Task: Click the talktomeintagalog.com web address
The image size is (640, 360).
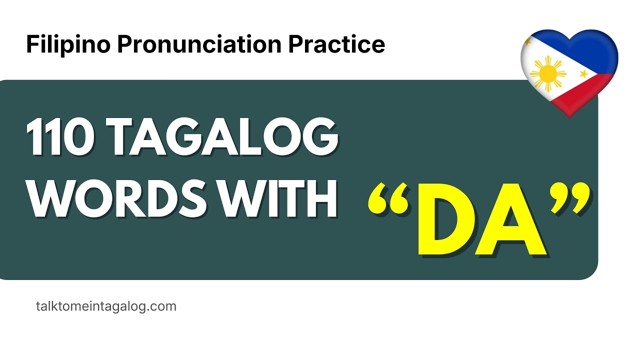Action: pyautogui.click(x=106, y=306)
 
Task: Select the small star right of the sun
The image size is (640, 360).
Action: pyautogui.click(x=583, y=74)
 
